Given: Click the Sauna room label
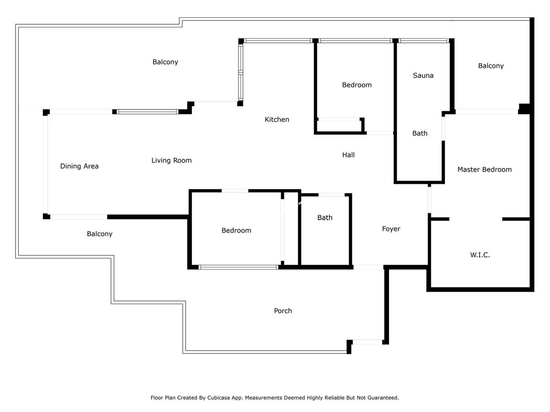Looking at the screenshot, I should click(x=423, y=76).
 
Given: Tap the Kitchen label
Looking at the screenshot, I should click(x=277, y=119).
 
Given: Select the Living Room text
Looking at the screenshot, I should click(x=171, y=161).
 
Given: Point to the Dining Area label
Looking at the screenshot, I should click(x=79, y=166).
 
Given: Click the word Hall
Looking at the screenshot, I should click(x=348, y=155).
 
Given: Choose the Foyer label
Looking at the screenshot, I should click(x=391, y=229).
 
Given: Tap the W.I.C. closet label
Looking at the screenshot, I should click(x=480, y=255).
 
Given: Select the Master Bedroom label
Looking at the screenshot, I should click(x=484, y=169).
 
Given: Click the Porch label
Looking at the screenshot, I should click(x=283, y=311).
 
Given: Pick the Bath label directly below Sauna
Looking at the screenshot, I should click(x=420, y=133).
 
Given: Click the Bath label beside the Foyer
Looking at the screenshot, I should click(x=325, y=217).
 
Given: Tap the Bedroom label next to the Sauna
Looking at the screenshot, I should click(x=357, y=85).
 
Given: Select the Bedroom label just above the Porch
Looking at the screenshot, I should click(x=236, y=230).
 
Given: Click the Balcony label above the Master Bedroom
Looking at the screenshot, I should click(x=490, y=66).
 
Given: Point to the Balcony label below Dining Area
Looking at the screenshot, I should click(x=99, y=234).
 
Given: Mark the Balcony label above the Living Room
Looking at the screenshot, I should click(x=165, y=62).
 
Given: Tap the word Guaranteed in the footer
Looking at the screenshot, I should click(x=384, y=398).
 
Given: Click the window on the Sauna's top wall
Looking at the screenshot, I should click(x=423, y=41).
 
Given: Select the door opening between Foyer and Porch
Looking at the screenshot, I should click(x=368, y=267).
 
